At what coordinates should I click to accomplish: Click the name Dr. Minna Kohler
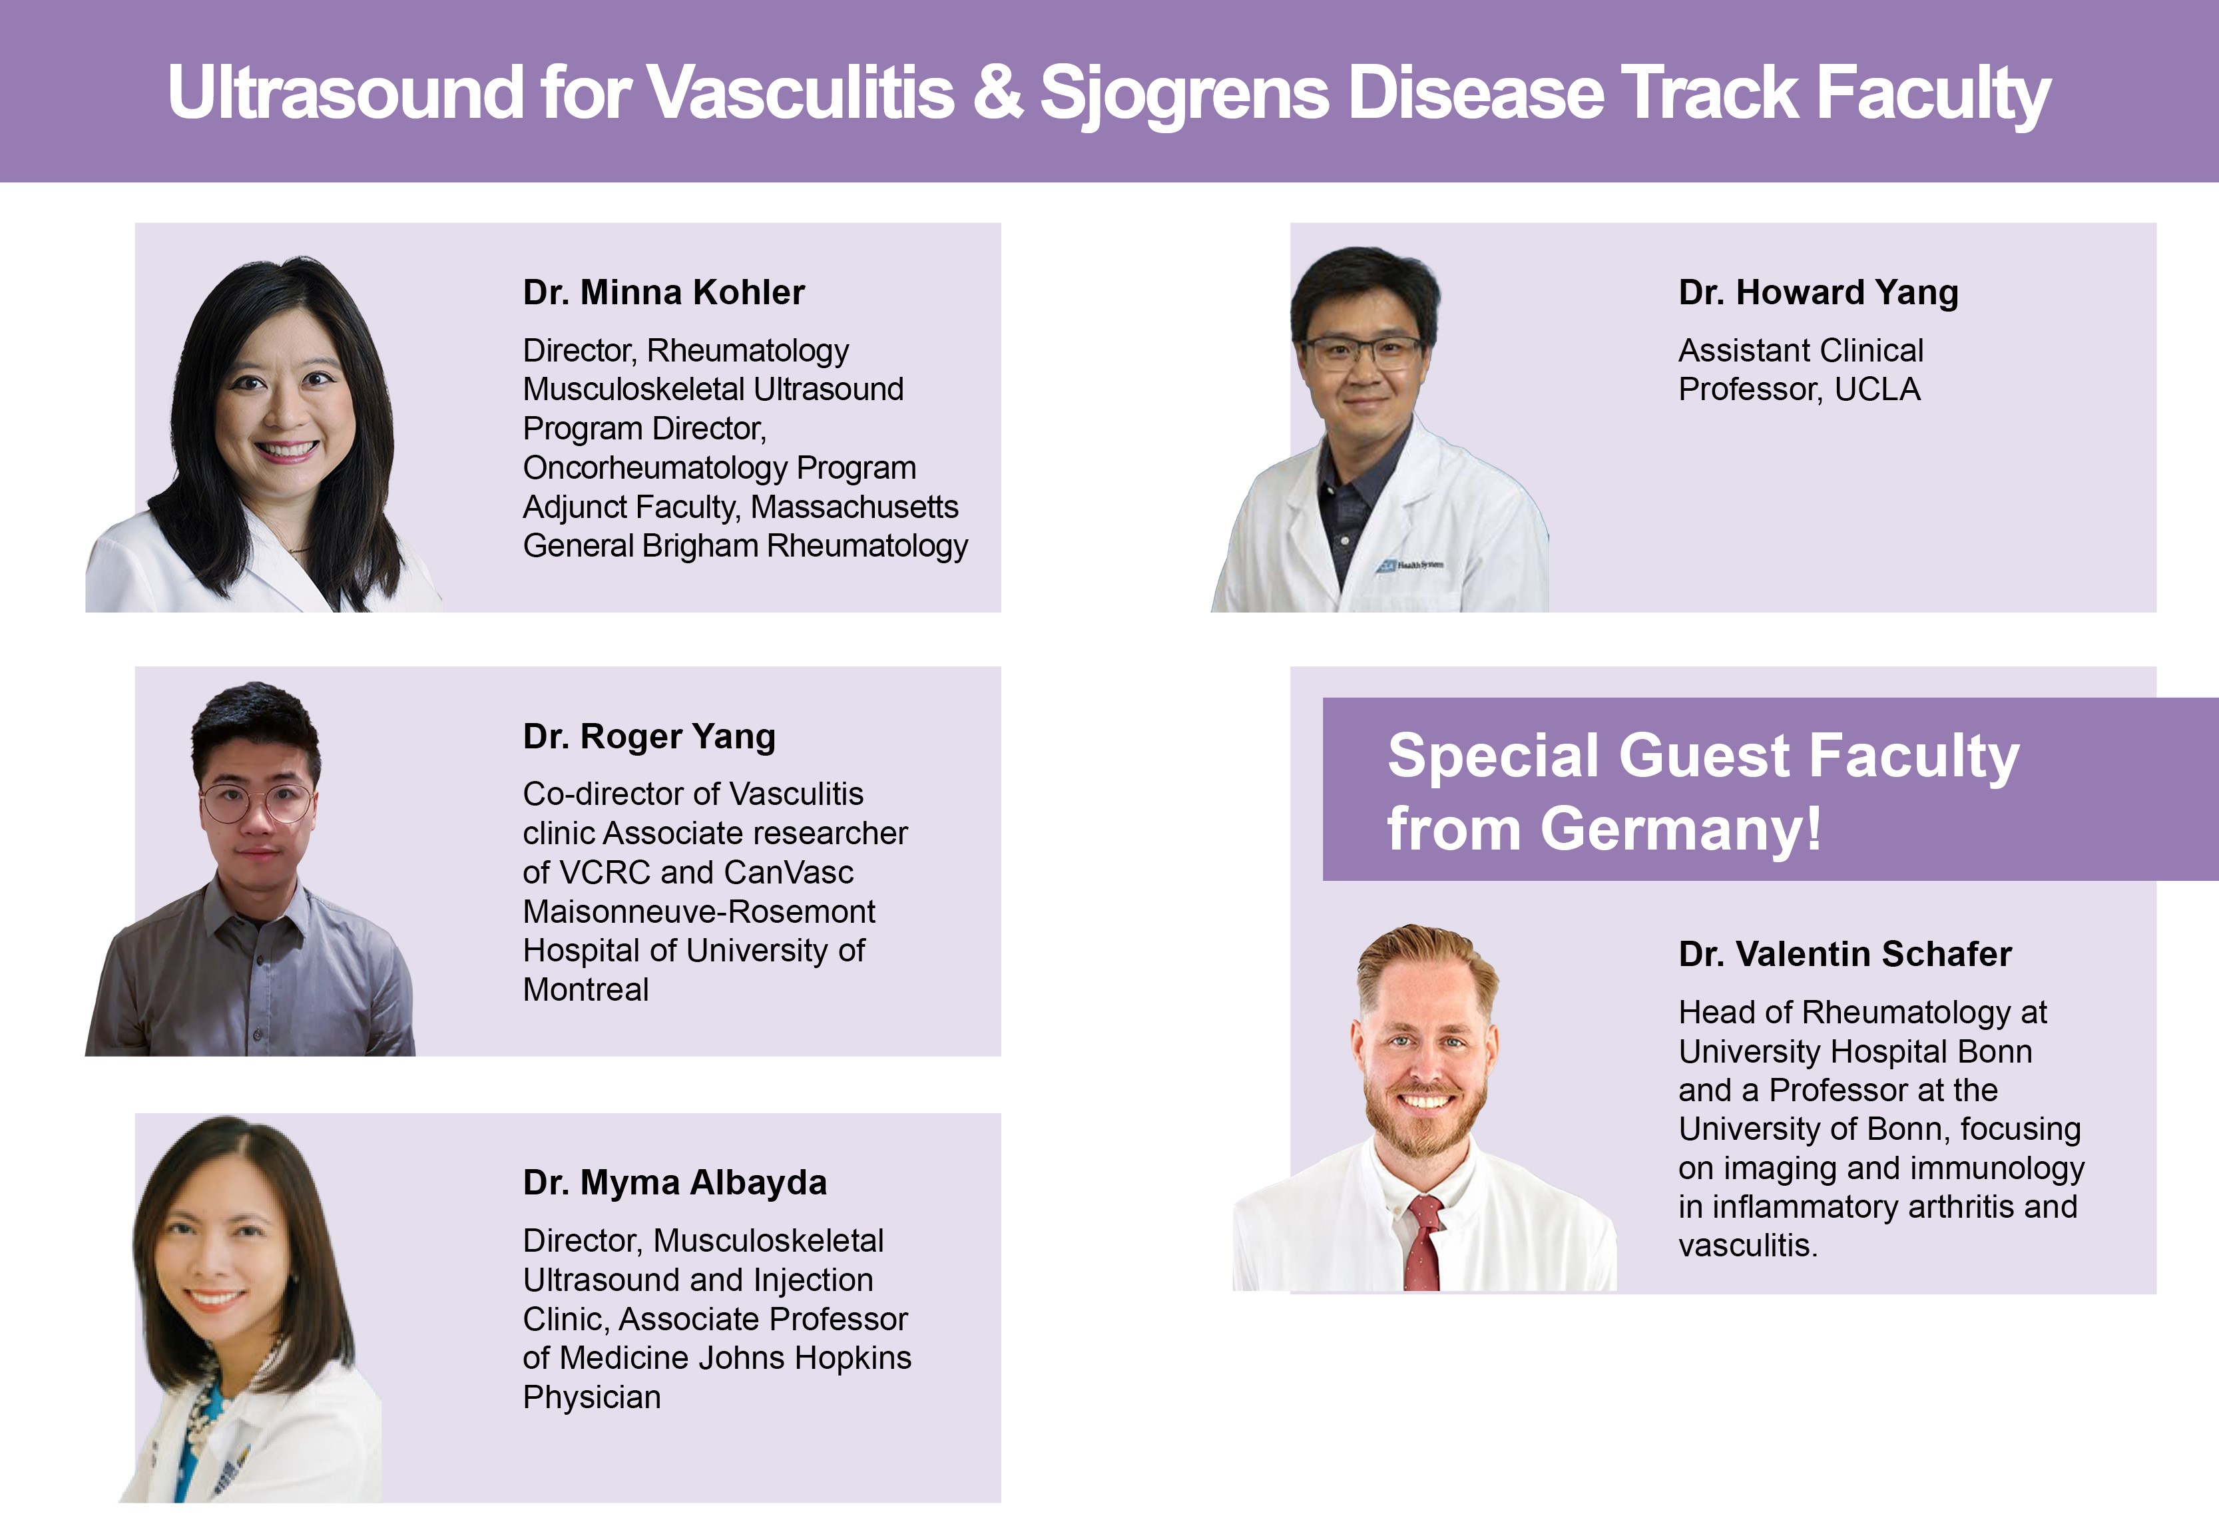(x=664, y=292)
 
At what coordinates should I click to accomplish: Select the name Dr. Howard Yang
(x=1818, y=293)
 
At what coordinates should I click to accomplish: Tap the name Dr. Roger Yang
(x=649, y=737)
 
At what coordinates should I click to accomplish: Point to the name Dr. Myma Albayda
(x=675, y=1183)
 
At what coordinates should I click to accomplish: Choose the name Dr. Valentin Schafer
(x=1845, y=954)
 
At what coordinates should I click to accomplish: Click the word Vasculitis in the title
(x=800, y=93)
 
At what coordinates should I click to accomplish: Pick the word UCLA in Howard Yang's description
(x=1877, y=389)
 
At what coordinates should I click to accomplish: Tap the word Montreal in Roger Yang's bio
(x=585, y=989)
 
